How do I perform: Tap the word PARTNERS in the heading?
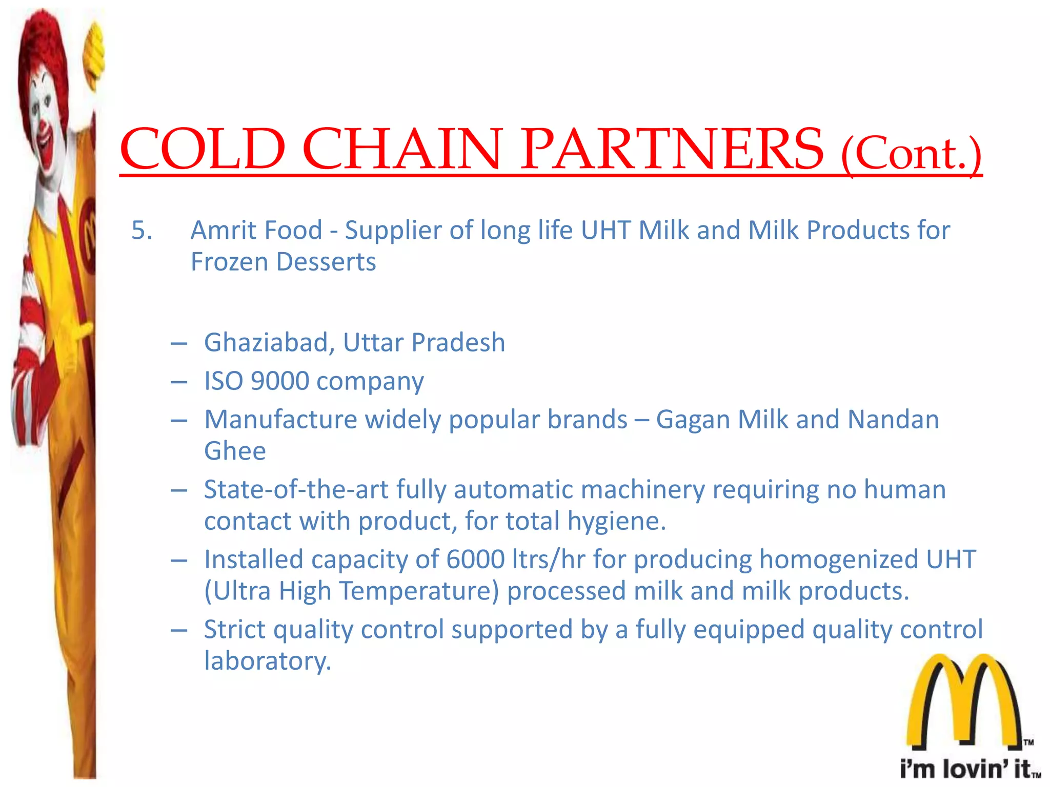pos(672,149)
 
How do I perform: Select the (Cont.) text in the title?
pos(911,153)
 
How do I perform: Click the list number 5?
pos(142,230)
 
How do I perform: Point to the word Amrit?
pos(221,230)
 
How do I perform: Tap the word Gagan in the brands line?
pos(693,420)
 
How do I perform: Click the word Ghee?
pos(235,451)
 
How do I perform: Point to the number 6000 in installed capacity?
pos(475,560)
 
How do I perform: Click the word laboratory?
pos(267,661)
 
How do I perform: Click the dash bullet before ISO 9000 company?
pos(179,382)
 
